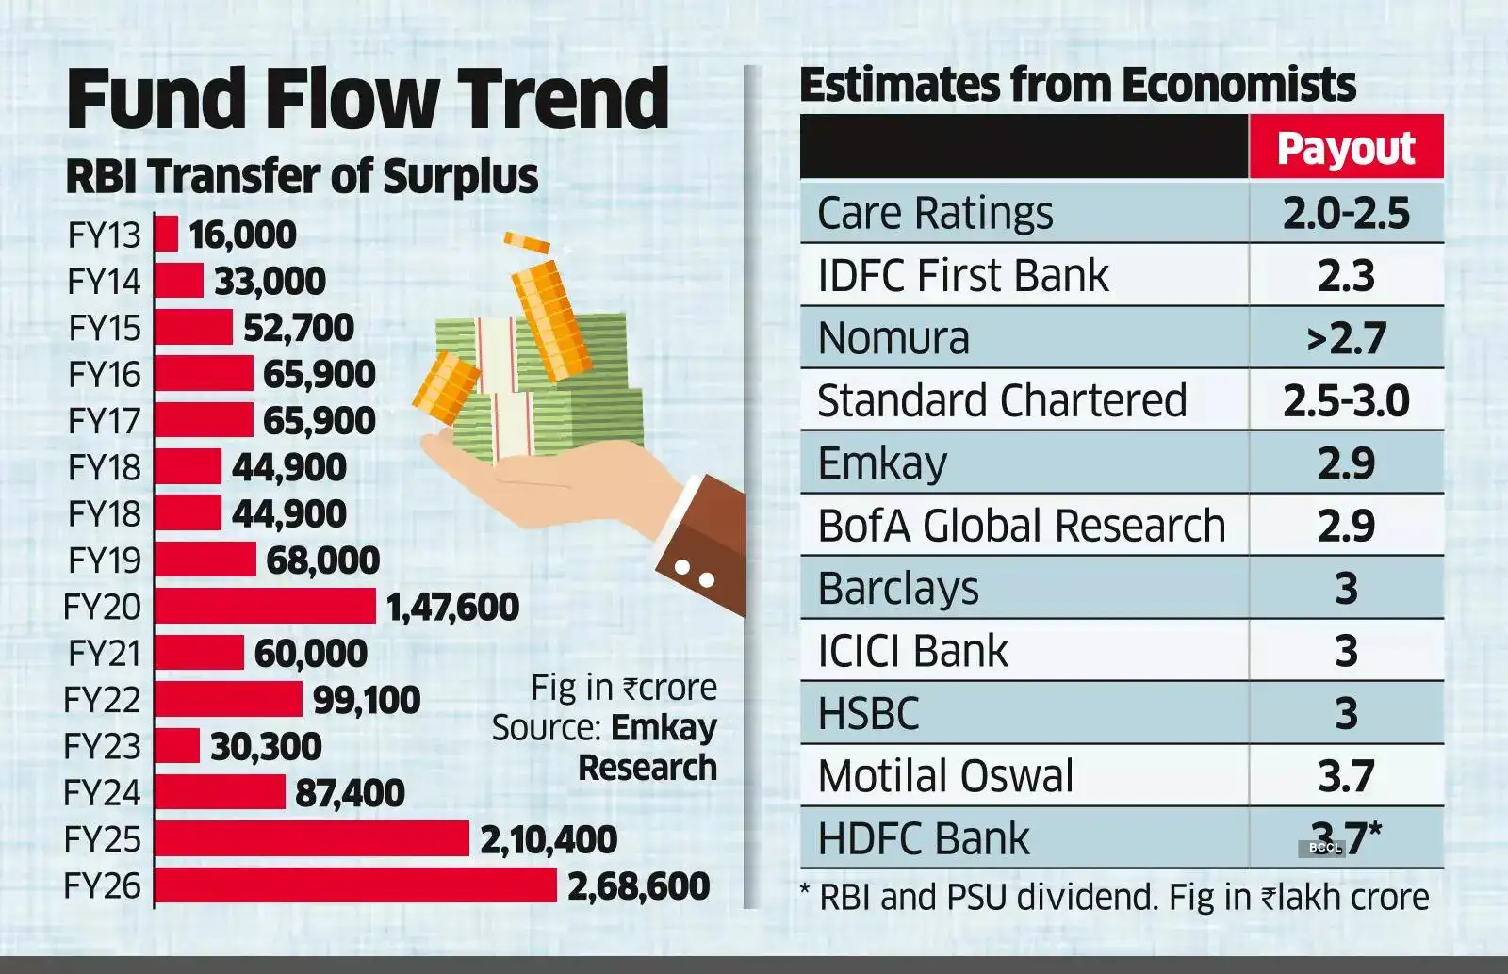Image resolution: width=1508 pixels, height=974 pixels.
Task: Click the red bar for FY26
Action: pos(355,885)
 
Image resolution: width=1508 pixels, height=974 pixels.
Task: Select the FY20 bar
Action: pos(265,607)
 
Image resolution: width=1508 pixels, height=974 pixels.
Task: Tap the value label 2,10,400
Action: pos(549,839)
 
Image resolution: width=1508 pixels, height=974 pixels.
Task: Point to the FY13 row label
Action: pos(104,235)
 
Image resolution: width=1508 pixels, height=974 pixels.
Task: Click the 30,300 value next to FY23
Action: pos(266,746)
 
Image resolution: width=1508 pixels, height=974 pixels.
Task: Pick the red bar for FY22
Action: pos(228,700)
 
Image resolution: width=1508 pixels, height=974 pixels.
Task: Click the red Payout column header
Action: pos(1346,148)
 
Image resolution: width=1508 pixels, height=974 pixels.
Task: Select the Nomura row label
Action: pos(893,338)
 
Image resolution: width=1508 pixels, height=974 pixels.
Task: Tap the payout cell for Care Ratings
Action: pos(1346,213)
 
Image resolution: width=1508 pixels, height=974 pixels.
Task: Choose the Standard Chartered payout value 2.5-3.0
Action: pos(1346,400)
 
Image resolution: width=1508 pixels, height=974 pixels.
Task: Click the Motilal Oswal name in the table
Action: pos(945,776)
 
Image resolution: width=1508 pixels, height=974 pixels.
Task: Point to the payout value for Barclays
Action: pos(1346,588)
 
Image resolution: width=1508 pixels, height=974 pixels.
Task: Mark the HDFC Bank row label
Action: pos(924,838)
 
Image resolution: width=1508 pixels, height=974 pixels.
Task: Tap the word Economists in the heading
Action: pos(1238,85)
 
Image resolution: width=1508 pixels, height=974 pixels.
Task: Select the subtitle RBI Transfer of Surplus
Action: pos(302,176)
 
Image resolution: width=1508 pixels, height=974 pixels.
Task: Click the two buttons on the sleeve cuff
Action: pos(695,574)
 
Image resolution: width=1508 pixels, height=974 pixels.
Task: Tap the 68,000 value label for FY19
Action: pos(322,560)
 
